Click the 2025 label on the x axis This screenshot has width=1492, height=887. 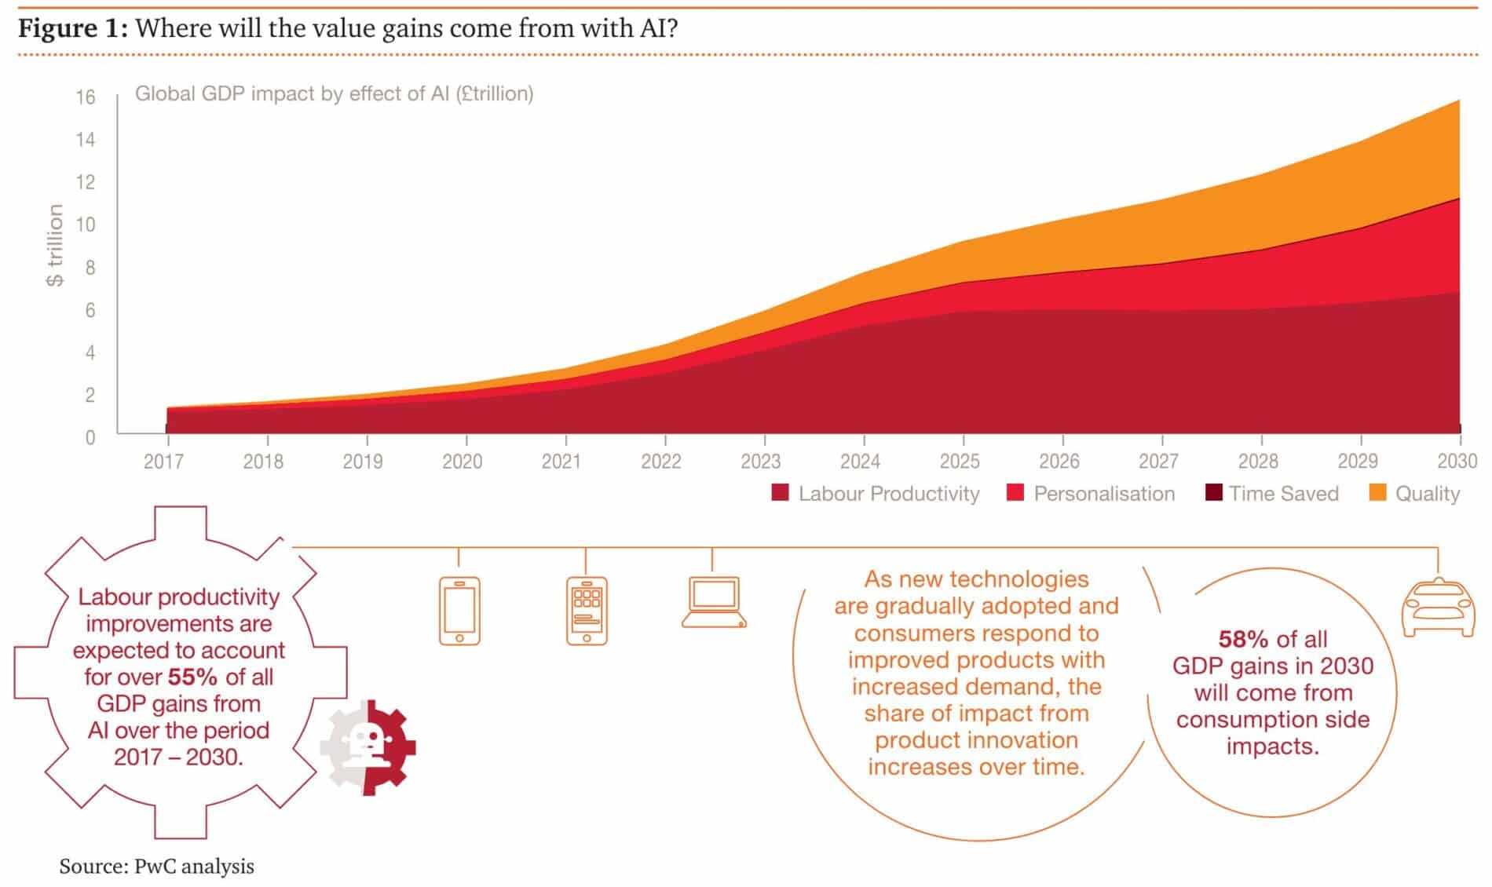pos(960,462)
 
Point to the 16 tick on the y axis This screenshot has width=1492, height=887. pos(86,97)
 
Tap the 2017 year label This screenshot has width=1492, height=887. pos(163,462)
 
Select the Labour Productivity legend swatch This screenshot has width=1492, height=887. pos(780,493)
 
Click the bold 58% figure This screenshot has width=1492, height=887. pos(1243,640)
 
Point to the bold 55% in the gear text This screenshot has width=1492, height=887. pos(192,677)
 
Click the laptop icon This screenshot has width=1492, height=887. pos(713,603)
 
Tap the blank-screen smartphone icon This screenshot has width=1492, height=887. pos(459,611)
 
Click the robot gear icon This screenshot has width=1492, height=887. pos(368,747)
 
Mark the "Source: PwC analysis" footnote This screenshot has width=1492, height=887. pos(156,867)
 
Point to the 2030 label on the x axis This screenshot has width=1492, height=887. pos(1457,462)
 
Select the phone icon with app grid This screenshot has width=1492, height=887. pos(587,611)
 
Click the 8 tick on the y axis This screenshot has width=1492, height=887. pos(90,268)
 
